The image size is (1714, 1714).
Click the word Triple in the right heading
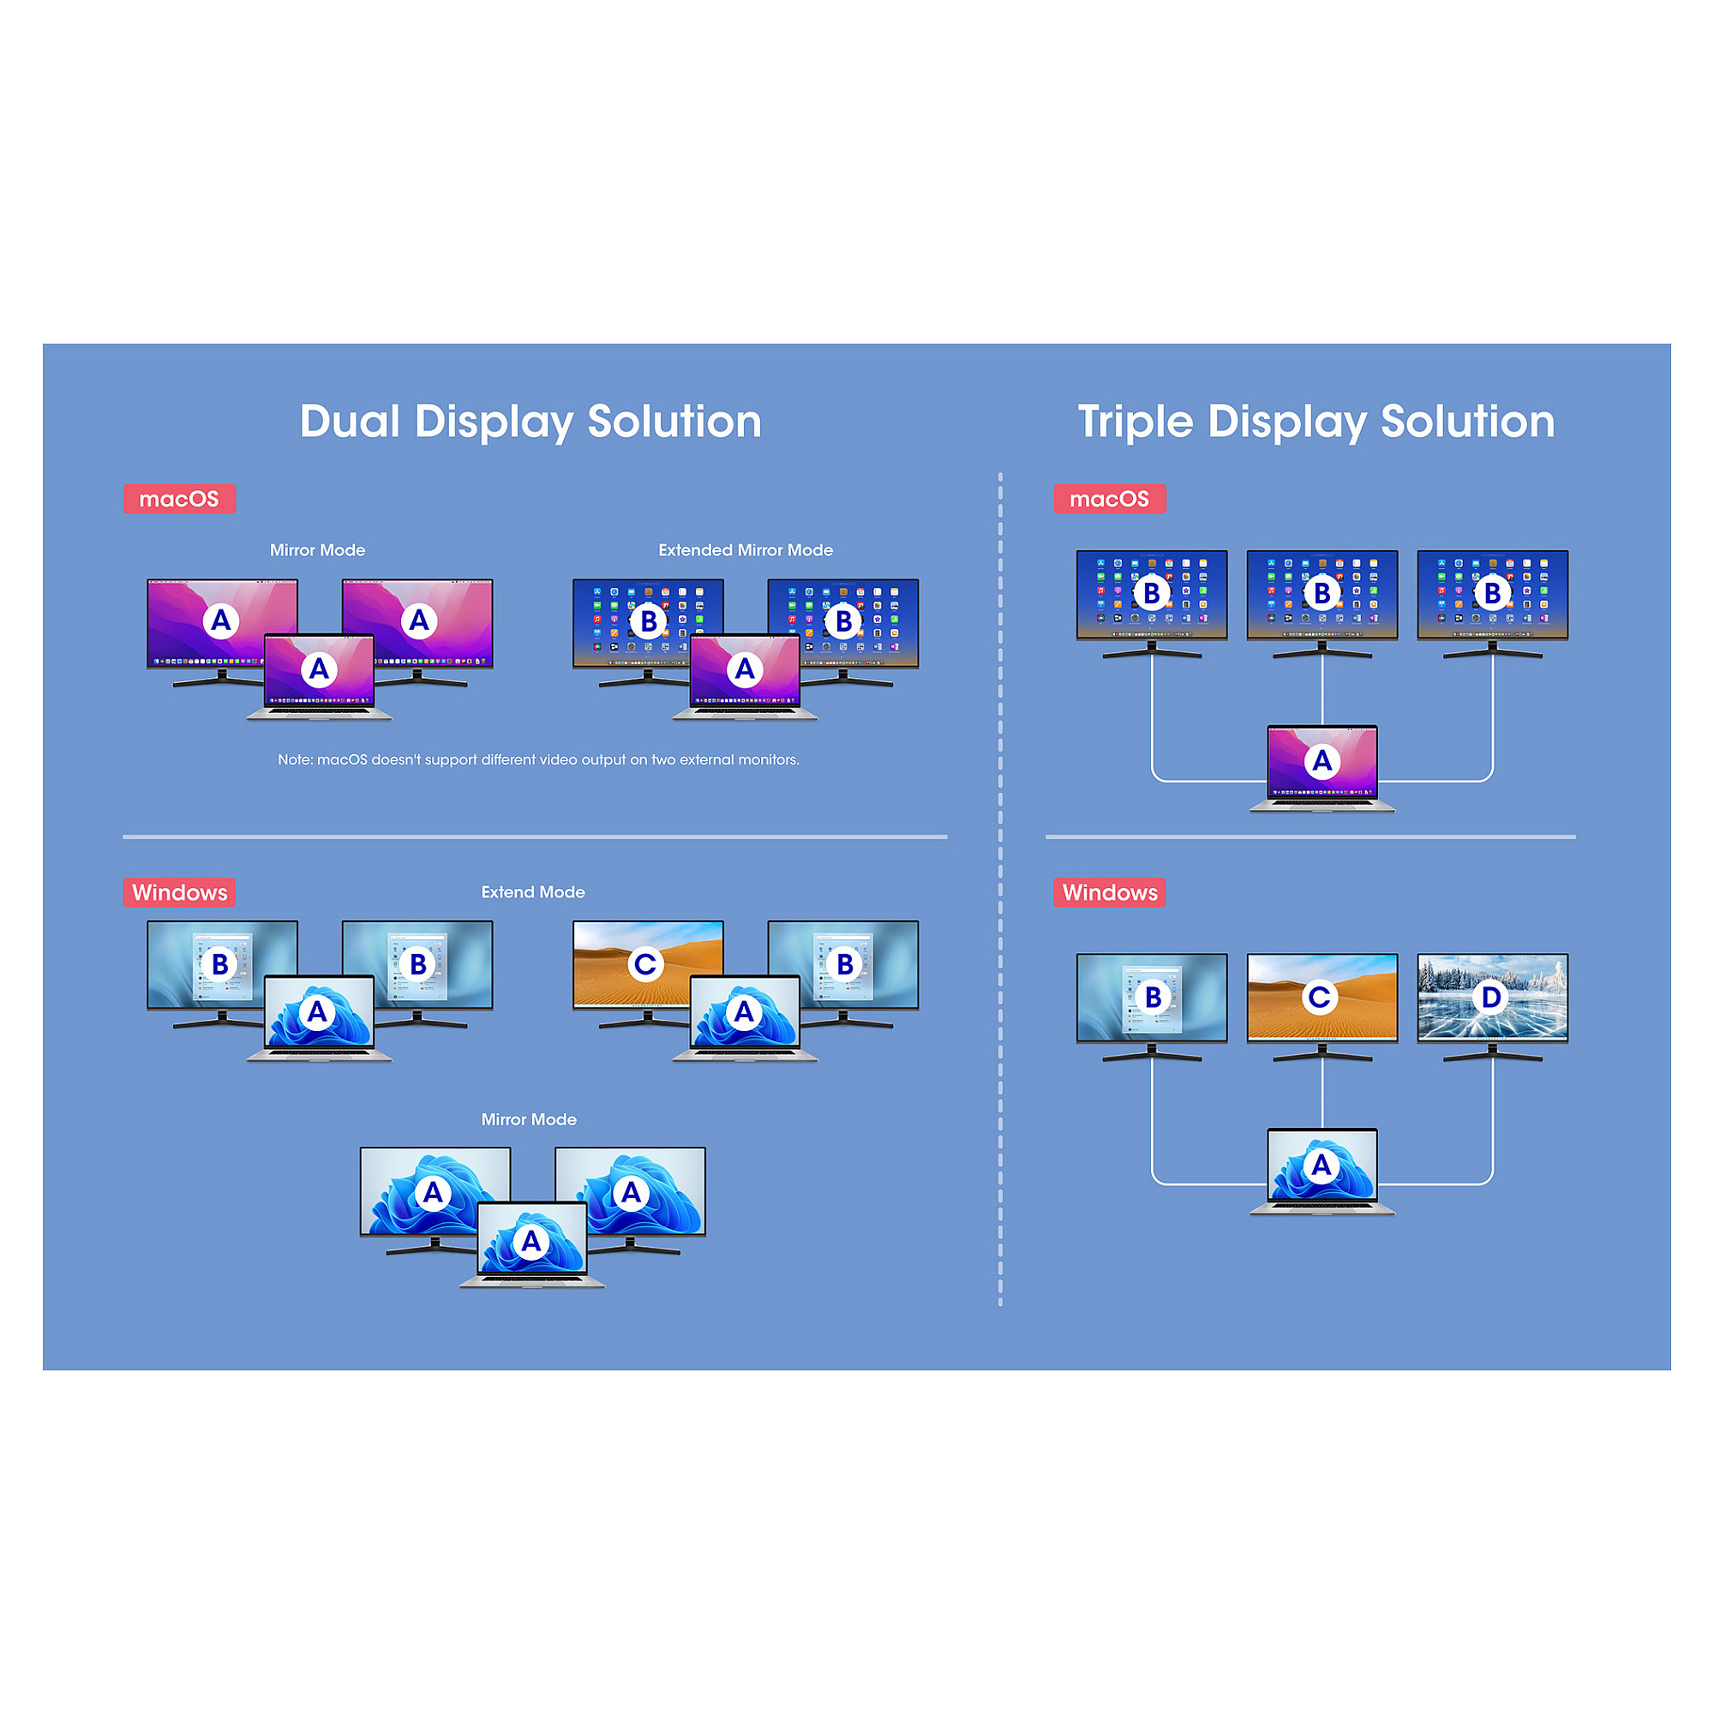pyautogui.click(x=1134, y=422)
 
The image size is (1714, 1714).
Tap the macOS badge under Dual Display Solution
pyautogui.click(x=179, y=499)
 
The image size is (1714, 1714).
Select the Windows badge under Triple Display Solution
pyautogui.click(x=1109, y=892)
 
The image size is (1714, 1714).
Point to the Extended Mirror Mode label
pyautogui.click(x=746, y=550)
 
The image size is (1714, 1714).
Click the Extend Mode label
pyautogui.click(x=532, y=891)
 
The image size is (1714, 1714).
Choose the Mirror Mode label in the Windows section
pyautogui.click(x=529, y=1119)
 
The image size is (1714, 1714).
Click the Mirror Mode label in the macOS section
pyautogui.click(x=317, y=550)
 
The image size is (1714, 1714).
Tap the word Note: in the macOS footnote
pyautogui.click(x=296, y=759)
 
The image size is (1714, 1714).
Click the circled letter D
pyautogui.click(x=1491, y=998)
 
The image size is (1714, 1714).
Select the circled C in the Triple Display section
pyautogui.click(x=1320, y=998)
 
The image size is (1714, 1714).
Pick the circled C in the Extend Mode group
pyautogui.click(x=645, y=963)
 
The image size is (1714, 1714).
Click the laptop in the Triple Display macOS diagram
pyautogui.click(x=1321, y=768)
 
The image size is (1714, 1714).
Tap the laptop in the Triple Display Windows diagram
pyautogui.click(x=1321, y=1171)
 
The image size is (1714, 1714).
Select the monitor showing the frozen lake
pyautogui.click(x=1492, y=998)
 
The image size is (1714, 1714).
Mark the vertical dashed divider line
pyautogui.click(x=1000, y=887)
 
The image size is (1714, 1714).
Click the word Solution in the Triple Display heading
pyautogui.click(x=1467, y=422)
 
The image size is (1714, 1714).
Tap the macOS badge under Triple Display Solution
pyautogui.click(x=1109, y=499)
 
